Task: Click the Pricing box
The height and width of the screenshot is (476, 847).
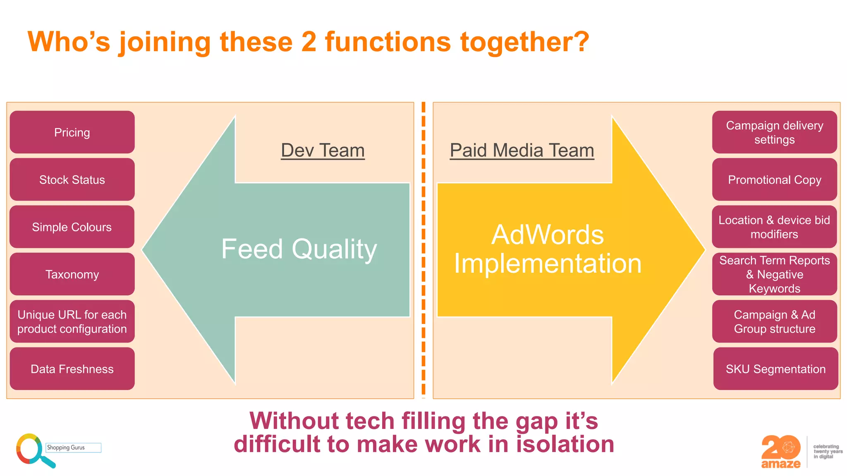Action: (x=72, y=132)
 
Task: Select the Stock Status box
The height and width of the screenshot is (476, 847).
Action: (x=72, y=180)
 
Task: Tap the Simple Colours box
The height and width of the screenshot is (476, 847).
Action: (x=72, y=227)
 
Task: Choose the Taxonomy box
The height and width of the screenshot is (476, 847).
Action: (x=72, y=274)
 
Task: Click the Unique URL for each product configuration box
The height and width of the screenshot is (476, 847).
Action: (x=72, y=321)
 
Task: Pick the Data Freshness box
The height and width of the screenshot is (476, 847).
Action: (x=72, y=369)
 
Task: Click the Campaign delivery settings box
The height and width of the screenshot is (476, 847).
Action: (x=774, y=132)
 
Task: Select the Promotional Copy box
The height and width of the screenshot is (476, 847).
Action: (x=774, y=180)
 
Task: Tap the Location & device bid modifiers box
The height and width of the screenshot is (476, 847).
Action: (x=774, y=227)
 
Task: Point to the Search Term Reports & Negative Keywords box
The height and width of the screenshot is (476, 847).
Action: (x=774, y=274)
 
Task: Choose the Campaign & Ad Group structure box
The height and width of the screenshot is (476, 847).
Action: (x=774, y=321)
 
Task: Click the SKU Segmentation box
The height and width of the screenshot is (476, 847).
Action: (x=775, y=369)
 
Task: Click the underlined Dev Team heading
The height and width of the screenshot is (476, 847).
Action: (x=323, y=150)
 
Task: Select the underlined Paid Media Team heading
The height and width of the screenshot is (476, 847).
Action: (x=522, y=150)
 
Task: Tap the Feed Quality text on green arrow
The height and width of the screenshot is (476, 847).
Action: (x=299, y=249)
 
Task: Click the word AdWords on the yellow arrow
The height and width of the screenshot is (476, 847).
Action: (x=547, y=235)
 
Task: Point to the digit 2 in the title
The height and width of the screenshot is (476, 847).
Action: (x=309, y=42)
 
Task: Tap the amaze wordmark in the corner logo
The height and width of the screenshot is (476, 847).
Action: (x=781, y=464)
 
